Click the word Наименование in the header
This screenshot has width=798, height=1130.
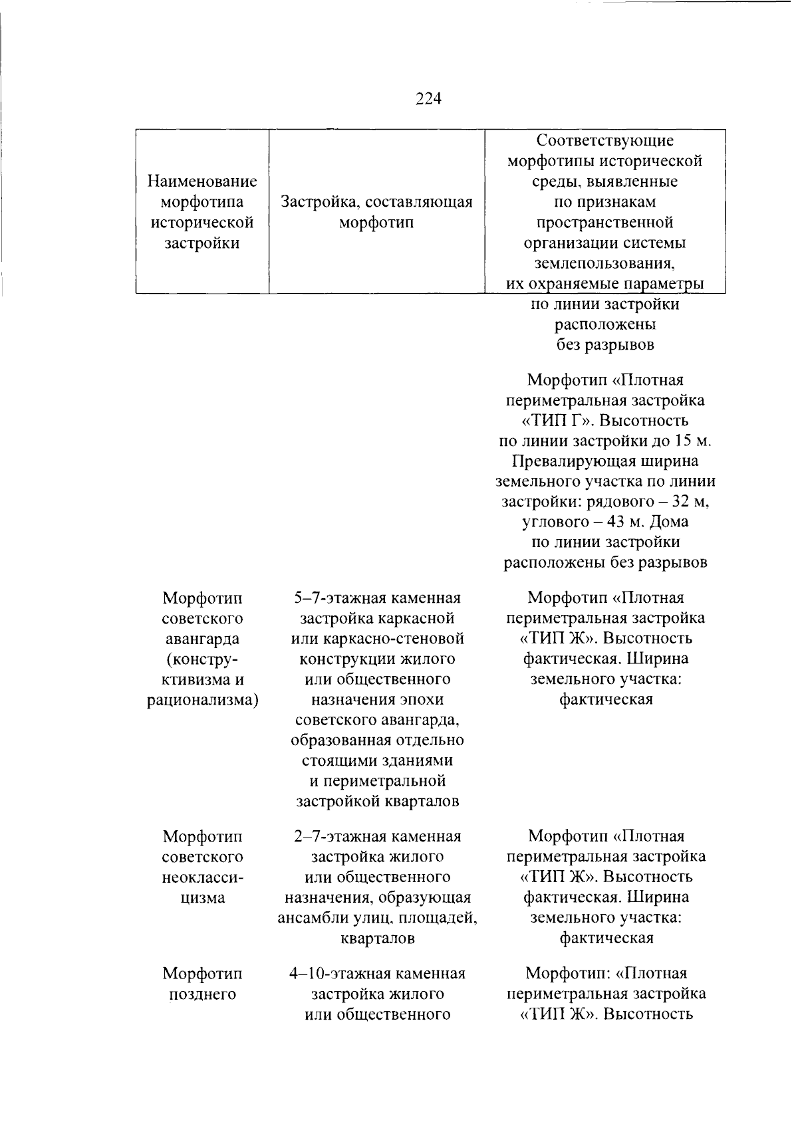pos(202,181)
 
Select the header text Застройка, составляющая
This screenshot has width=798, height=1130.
pos(376,201)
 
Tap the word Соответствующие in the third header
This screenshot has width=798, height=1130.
pos(604,140)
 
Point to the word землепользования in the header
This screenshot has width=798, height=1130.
pos(604,264)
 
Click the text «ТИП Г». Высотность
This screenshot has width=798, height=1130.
pos(604,421)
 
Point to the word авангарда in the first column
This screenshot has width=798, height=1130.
pos(202,639)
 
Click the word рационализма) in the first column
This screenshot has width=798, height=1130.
pos(202,700)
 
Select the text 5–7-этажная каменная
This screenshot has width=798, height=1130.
pos(377,598)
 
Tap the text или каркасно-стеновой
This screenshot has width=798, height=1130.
pos(377,639)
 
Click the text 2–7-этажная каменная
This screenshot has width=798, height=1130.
pos(377,836)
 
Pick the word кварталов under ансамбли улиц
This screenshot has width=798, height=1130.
pos(377,939)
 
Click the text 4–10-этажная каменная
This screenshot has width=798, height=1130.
pos(377,974)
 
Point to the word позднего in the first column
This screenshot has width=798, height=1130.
pos(202,994)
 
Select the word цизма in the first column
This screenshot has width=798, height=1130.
pos(202,897)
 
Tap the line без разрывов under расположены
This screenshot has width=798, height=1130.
pos(604,345)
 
